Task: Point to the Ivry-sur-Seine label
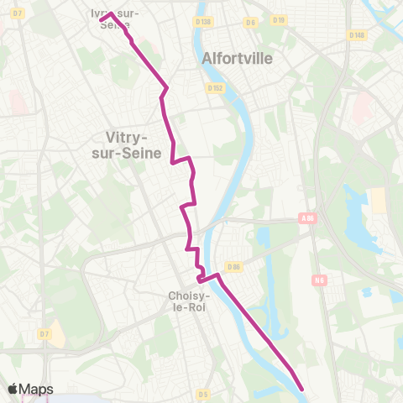click(116, 18)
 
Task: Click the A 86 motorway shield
click(308, 217)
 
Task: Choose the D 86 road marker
click(233, 267)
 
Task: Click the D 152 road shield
click(214, 86)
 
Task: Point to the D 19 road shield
click(280, 18)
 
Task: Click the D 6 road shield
click(250, 22)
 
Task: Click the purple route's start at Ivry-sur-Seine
click(102, 18)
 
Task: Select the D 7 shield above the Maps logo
click(44, 334)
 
